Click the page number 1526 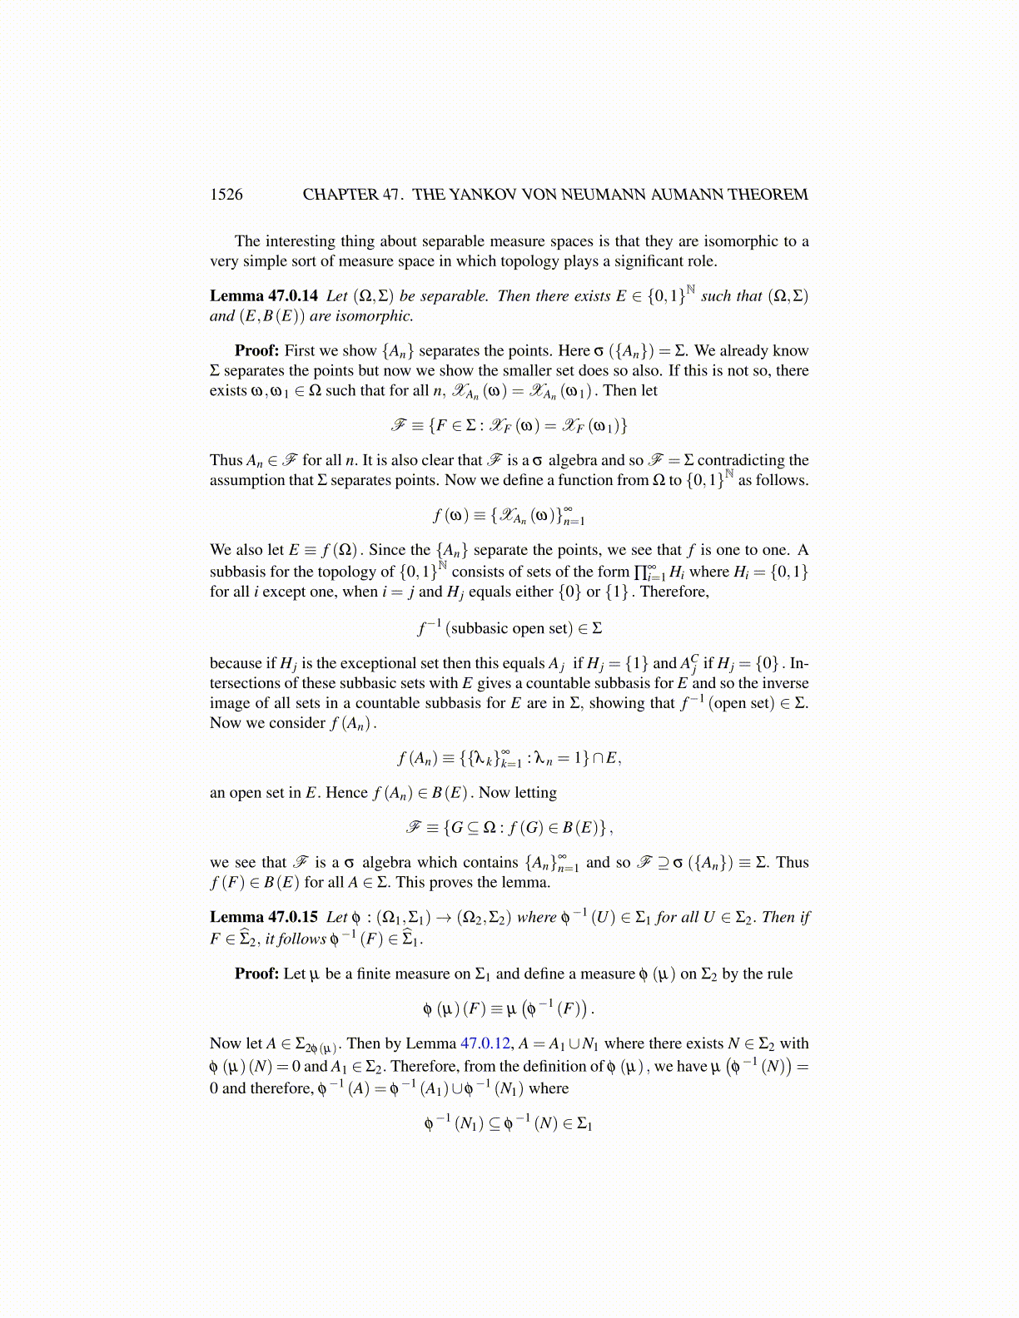pyautogui.click(x=226, y=195)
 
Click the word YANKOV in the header pyautogui.click(x=483, y=195)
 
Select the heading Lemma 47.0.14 pyautogui.click(x=264, y=296)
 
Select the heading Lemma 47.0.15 pyautogui.click(x=264, y=918)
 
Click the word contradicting pyautogui.click(x=741, y=460)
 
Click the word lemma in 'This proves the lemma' pyautogui.click(x=507, y=883)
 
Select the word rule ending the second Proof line pyautogui.click(x=778, y=974)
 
